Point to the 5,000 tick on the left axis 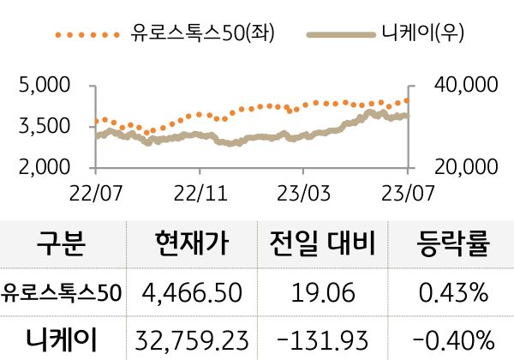(x=43, y=87)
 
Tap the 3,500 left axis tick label (x=43, y=126)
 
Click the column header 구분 (x=61, y=244)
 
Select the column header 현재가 (x=193, y=244)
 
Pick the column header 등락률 (x=453, y=244)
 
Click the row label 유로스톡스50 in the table (x=62, y=293)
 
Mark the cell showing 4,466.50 (x=193, y=293)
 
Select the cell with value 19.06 (x=323, y=293)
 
